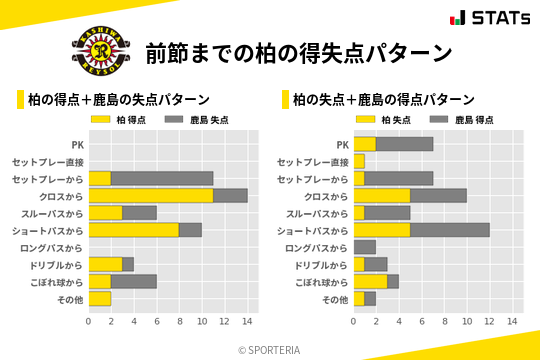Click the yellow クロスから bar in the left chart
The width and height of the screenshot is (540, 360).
coord(151,196)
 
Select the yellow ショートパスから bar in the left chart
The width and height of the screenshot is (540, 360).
coord(134,230)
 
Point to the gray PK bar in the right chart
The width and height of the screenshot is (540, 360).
coord(405,144)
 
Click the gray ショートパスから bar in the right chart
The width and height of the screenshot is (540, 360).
coord(450,230)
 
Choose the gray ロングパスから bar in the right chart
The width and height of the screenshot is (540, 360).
coord(365,247)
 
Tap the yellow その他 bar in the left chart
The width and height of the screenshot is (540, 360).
coord(100,298)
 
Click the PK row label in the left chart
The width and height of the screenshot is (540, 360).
coord(77,144)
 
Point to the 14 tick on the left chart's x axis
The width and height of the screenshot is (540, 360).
coord(247,321)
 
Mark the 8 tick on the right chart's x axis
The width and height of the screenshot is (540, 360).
coord(444,321)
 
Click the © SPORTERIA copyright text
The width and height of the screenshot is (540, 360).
coord(270,349)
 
